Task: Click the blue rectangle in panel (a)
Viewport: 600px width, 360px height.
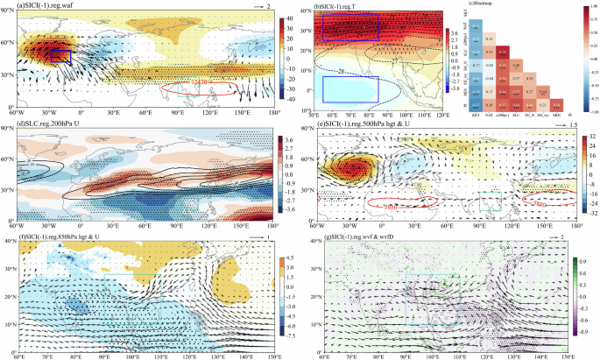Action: [60, 57]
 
